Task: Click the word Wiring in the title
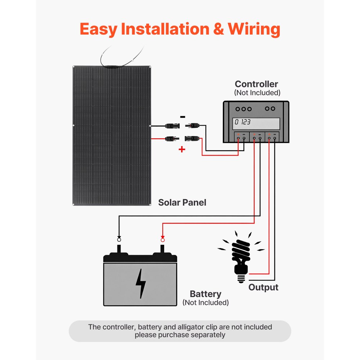(254, 29)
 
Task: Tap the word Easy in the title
(99, 29)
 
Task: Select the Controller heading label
(256, 84)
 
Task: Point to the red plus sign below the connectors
(182, 149)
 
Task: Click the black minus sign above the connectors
(183, 117)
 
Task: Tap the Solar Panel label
(182, 202)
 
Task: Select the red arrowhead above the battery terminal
(162, 234)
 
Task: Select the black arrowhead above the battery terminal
(119, 234)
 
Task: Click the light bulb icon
(240, 256)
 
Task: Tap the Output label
(263, 287)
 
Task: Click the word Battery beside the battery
(206, 294)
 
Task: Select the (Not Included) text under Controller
(257, 93)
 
